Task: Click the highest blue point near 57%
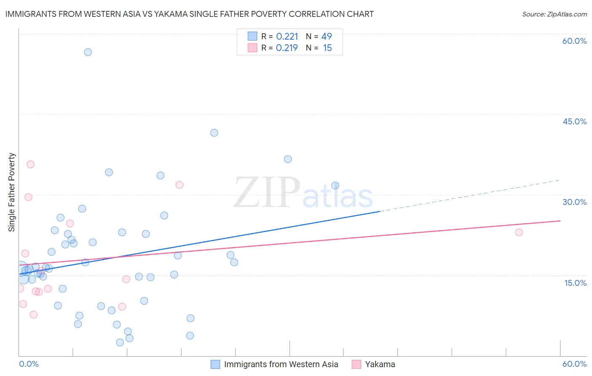[x=88, y=52]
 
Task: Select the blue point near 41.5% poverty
[x=214, y=133]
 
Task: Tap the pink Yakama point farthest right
[x=519, y=232]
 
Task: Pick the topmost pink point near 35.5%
[x=30, y=164]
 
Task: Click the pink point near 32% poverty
[x=179, y=185]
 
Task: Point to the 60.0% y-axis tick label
[x=574, y=41]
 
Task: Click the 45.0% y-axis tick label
[x=574, y=121]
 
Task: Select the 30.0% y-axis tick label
[x=574, y=202]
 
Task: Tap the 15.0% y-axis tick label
[x=575, y=283]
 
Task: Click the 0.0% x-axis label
[x=29, y=364]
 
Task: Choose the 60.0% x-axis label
[x=574, y=364]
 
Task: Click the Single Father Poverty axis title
[x=12, y=192]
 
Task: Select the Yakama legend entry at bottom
[x=380, y=364]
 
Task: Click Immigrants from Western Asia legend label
[x=281, y=364]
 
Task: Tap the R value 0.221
[x=287, y=37]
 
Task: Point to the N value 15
[x=327, y=48]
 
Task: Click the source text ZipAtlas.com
[x=554, y=14]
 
